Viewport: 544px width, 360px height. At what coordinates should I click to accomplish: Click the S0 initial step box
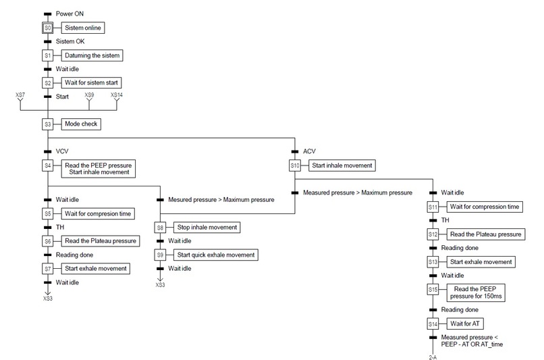(x=47, y=28)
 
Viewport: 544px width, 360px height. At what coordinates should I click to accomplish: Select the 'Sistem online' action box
(x=84, y=28)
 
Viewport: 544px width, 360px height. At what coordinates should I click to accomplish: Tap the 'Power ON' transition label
(x=71, y=14)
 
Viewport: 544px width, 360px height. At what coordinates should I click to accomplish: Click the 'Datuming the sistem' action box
(x=93, y=55)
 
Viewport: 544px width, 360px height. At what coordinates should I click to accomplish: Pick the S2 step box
(x=47, y=83)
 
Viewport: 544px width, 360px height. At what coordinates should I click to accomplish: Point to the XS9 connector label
(x=89, y=96)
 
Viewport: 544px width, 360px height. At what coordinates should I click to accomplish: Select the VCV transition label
(x=63, y=152)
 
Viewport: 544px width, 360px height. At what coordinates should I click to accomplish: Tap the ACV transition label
(x=309, y=152)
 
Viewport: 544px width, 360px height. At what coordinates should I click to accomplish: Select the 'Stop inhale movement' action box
(x=207, y=228)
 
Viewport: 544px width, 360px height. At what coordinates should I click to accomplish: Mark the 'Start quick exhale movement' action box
(x=216, y=255)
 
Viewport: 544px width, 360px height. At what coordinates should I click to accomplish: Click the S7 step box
(x=47, y=269)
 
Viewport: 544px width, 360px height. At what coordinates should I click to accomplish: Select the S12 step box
(x=433, y=234)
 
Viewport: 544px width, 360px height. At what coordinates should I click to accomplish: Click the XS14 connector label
(x=117, y=96)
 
